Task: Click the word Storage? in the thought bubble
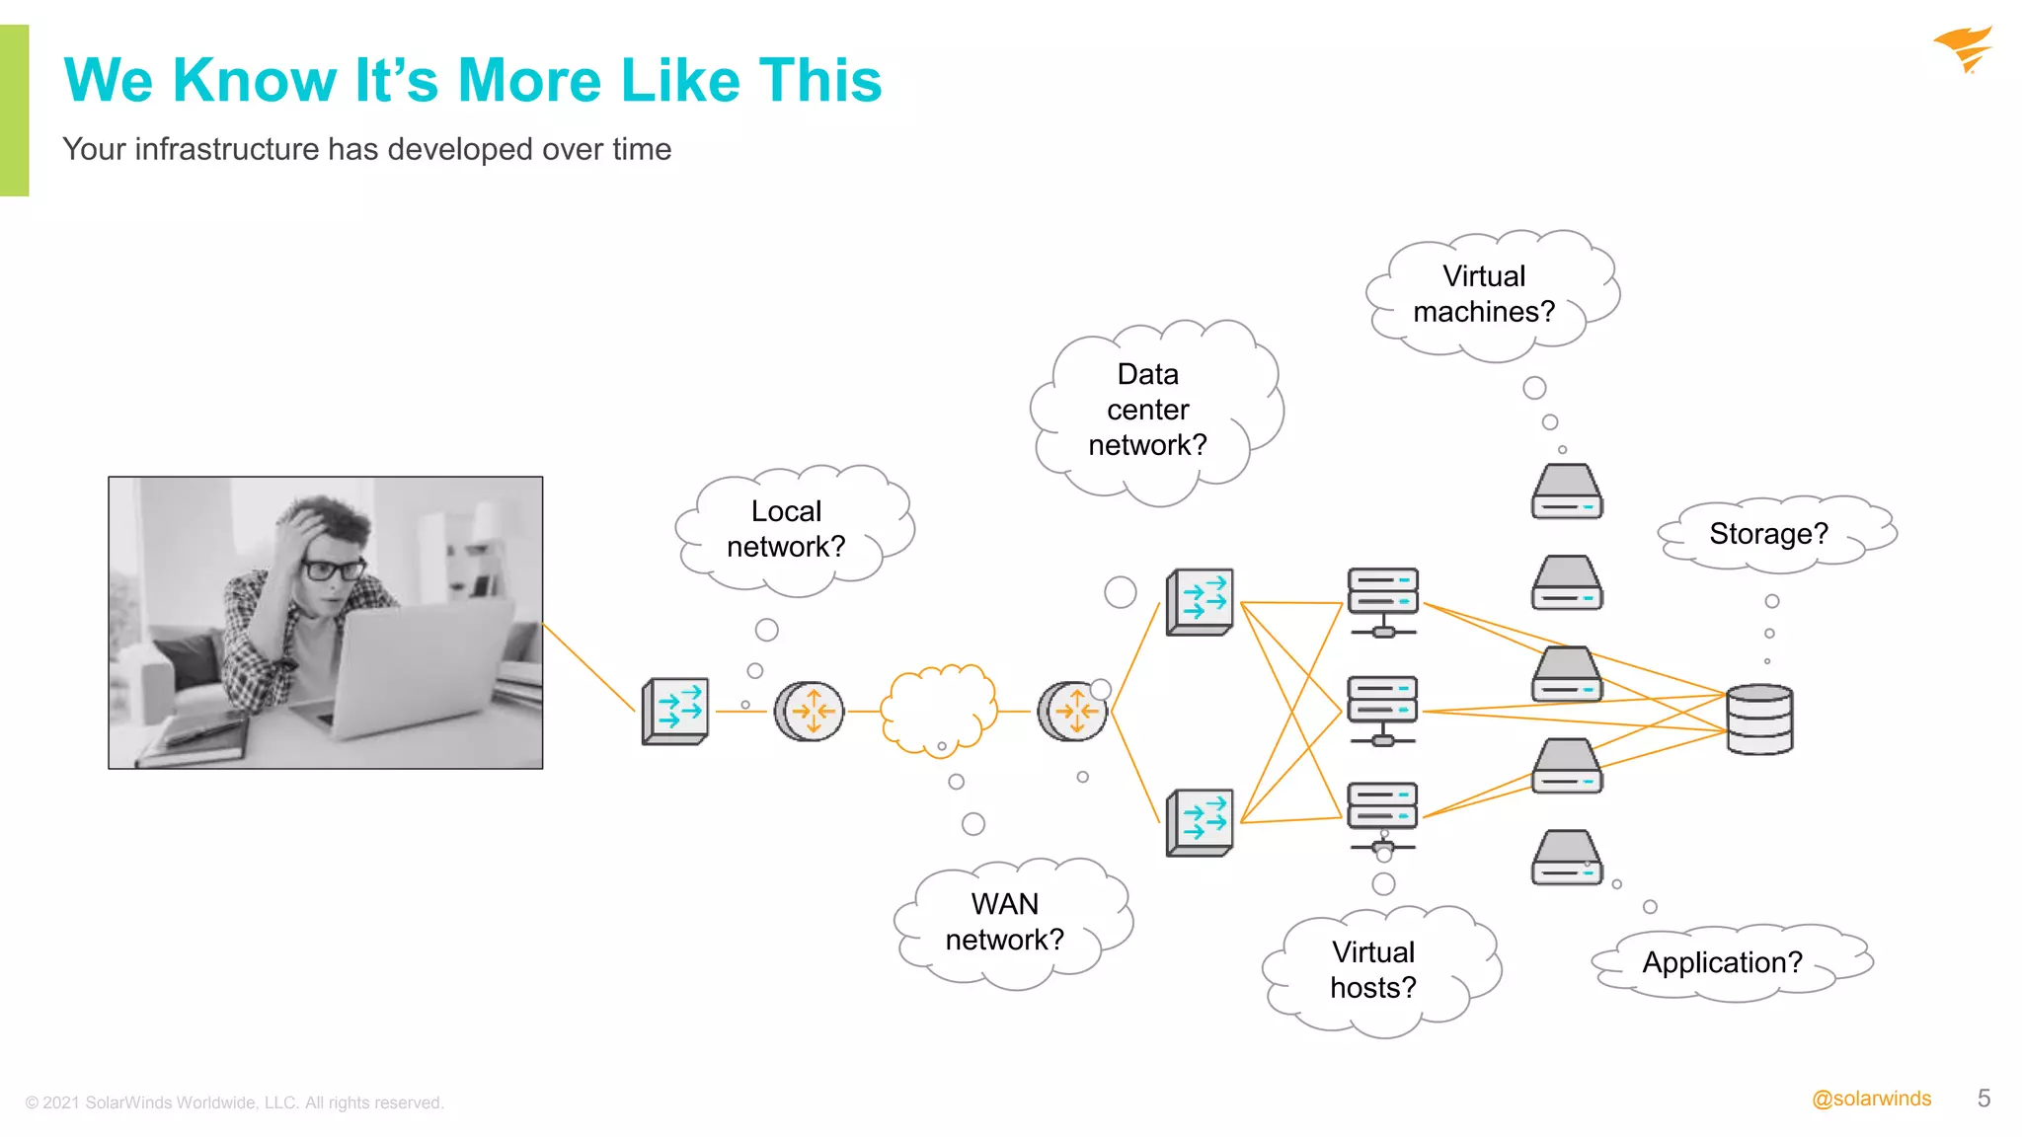tap(1768, 534)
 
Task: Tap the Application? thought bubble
tap(1722, 962)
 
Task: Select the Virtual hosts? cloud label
tap(1373, 970)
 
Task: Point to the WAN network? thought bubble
tap(1005, 922)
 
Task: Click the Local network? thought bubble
tap(786, 529)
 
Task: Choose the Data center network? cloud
tap(1147, 410)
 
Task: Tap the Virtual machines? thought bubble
tap(1484, 294)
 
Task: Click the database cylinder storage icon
tap(1759, 720)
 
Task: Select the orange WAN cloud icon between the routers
tap(938, 709)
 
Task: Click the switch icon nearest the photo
tap(675, 711)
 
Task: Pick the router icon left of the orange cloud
tap(809, 711)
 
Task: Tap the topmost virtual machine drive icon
tap(1567, 492)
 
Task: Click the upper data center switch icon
tap(1200, 601)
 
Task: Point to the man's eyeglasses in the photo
tap(332, 569)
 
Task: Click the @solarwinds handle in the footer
tap(1871, 1099)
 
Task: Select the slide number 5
tap(1983, 1099)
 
